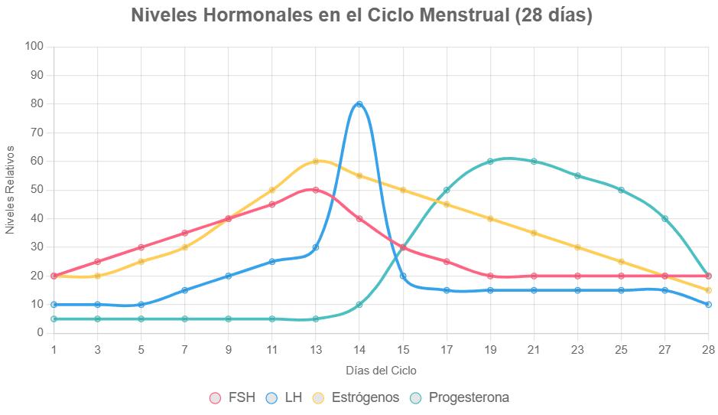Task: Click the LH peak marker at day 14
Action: pos(359,104)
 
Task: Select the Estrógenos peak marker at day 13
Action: pos(316,162)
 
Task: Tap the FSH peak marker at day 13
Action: pos(316,190)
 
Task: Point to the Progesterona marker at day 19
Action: pos(490,162)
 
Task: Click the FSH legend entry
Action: pos(232,397)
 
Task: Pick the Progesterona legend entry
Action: pos(459,397)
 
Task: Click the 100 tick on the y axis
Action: pos(34,47)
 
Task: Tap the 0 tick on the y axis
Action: pos(40,333)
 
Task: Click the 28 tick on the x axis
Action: pos(708,350)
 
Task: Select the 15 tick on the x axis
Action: pos(403,350)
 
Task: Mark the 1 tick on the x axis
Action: pos(54,350)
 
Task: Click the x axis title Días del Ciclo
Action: pos(381,371)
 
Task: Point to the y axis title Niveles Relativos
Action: pos(10,190)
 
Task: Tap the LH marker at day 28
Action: pos(708,305)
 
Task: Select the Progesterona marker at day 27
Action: pos(664,219)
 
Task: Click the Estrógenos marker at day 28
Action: pos(708,290)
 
